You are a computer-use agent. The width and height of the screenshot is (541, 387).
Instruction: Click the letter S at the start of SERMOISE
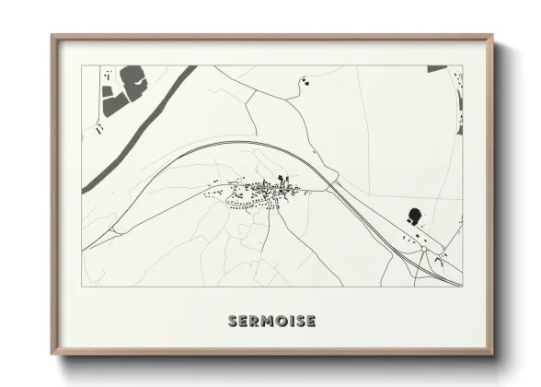coord(232,321)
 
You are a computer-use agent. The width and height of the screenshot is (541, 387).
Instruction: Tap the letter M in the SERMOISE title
coord(268,321)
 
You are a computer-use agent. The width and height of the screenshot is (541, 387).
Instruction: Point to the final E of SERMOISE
coord(312,321)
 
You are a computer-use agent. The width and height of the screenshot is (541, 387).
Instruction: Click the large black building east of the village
coord(413,217)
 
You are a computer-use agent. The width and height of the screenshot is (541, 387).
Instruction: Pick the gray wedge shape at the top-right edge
coord(436,69)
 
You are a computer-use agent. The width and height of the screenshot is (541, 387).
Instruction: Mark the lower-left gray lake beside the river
coord(114,104)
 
